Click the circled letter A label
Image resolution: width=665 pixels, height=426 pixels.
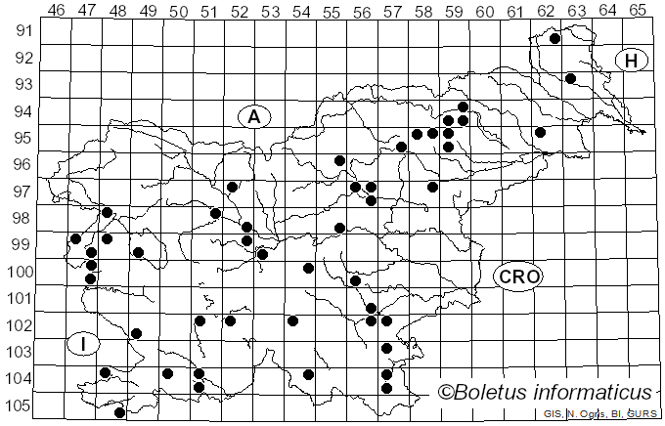click(x=253, y=117)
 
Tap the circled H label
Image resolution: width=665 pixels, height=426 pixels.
click(x=632, y=61)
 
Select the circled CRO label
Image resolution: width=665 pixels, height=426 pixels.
click(x=517, y=277)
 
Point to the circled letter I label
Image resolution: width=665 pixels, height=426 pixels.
click(x=84, y=344)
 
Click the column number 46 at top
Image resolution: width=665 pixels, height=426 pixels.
click(x=57, y=11)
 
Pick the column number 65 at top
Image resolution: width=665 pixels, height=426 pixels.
click(x=638, y=11)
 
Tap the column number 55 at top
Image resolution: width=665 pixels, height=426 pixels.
click(x=332, y=11)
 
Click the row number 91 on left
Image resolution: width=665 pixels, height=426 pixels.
click(x=21, y=31)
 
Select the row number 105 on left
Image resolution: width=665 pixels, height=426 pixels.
click(x=21, y=405)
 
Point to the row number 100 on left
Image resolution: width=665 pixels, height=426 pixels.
click(x=21, y=272)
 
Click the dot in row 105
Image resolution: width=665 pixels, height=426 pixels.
click(x=120, y=412)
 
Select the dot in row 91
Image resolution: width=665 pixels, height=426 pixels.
click(x=554, y=39)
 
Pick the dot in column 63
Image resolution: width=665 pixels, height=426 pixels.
click(x=570, y=78)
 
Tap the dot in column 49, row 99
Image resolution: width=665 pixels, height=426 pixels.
click(x=138, y=252)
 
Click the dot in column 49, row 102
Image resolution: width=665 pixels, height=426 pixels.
click(x=136, y=334)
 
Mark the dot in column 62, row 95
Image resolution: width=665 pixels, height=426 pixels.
click(x=540, y=132)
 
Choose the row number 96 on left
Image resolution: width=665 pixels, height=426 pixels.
click(x=21, y=165)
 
